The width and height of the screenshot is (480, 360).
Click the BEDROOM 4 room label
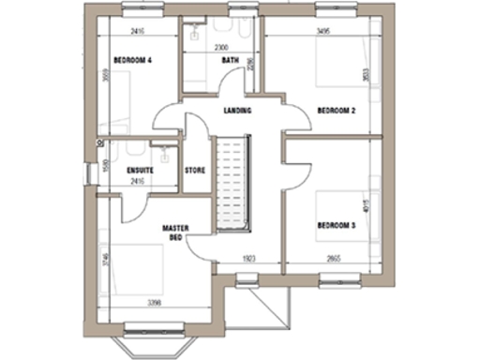click(132, 60)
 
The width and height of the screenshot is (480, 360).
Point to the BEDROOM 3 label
click(336, 226)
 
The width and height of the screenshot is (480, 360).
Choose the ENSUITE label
click(139, 170)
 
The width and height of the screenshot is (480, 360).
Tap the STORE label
click(195, 170)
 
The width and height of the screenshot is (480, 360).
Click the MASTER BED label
click(171, 232)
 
